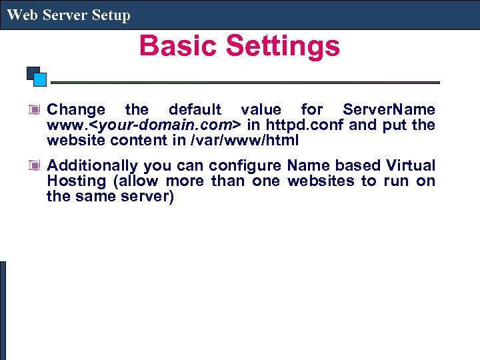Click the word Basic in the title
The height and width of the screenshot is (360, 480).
(x=179, y=46)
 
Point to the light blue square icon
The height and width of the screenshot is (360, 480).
(x=40, y=79)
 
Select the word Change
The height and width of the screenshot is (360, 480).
(x=76, y=110)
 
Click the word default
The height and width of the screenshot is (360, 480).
(x=195, y=109)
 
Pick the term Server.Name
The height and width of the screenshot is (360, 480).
(x=389, y=109)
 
